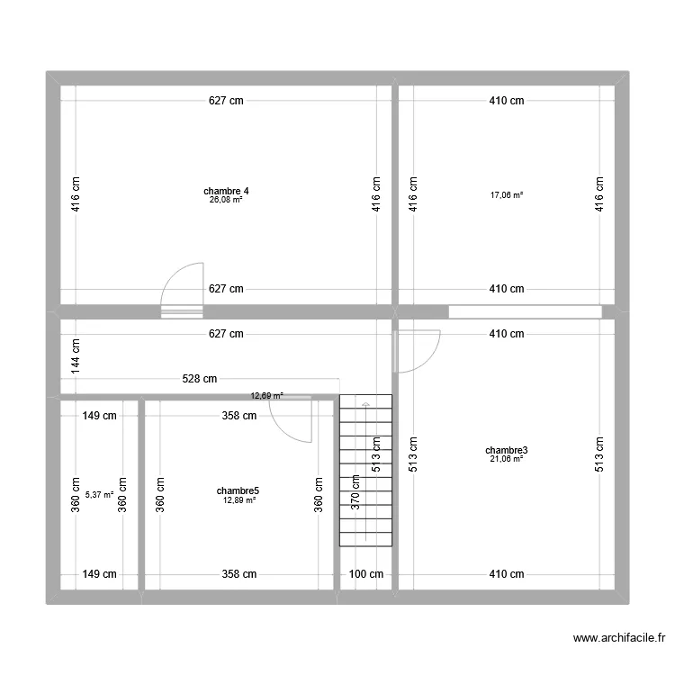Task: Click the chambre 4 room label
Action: (x=226, y=191)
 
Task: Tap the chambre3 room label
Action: (x=506, y=450)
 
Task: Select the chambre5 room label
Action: (x=238, y=490)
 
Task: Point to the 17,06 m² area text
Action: (x=507, y=195)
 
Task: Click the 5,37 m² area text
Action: (x=99, y=495)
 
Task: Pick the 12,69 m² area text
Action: (x=267, y=396)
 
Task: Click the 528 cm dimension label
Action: (x=199, y=379)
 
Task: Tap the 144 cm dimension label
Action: (x=76, y=356)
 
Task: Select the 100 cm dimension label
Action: (x=366, y=574)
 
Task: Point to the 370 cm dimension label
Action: (x=355, y=492)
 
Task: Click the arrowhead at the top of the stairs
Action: (x=365, y=404)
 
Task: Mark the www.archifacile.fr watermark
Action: (x=619, y=637)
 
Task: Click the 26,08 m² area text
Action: (x=226, y=200)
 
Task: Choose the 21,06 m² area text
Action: (x=507, y=459)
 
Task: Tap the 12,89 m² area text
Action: (x=239, y=500)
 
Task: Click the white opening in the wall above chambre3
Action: (x=526, y=312)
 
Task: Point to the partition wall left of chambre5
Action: (x=141, y=495)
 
